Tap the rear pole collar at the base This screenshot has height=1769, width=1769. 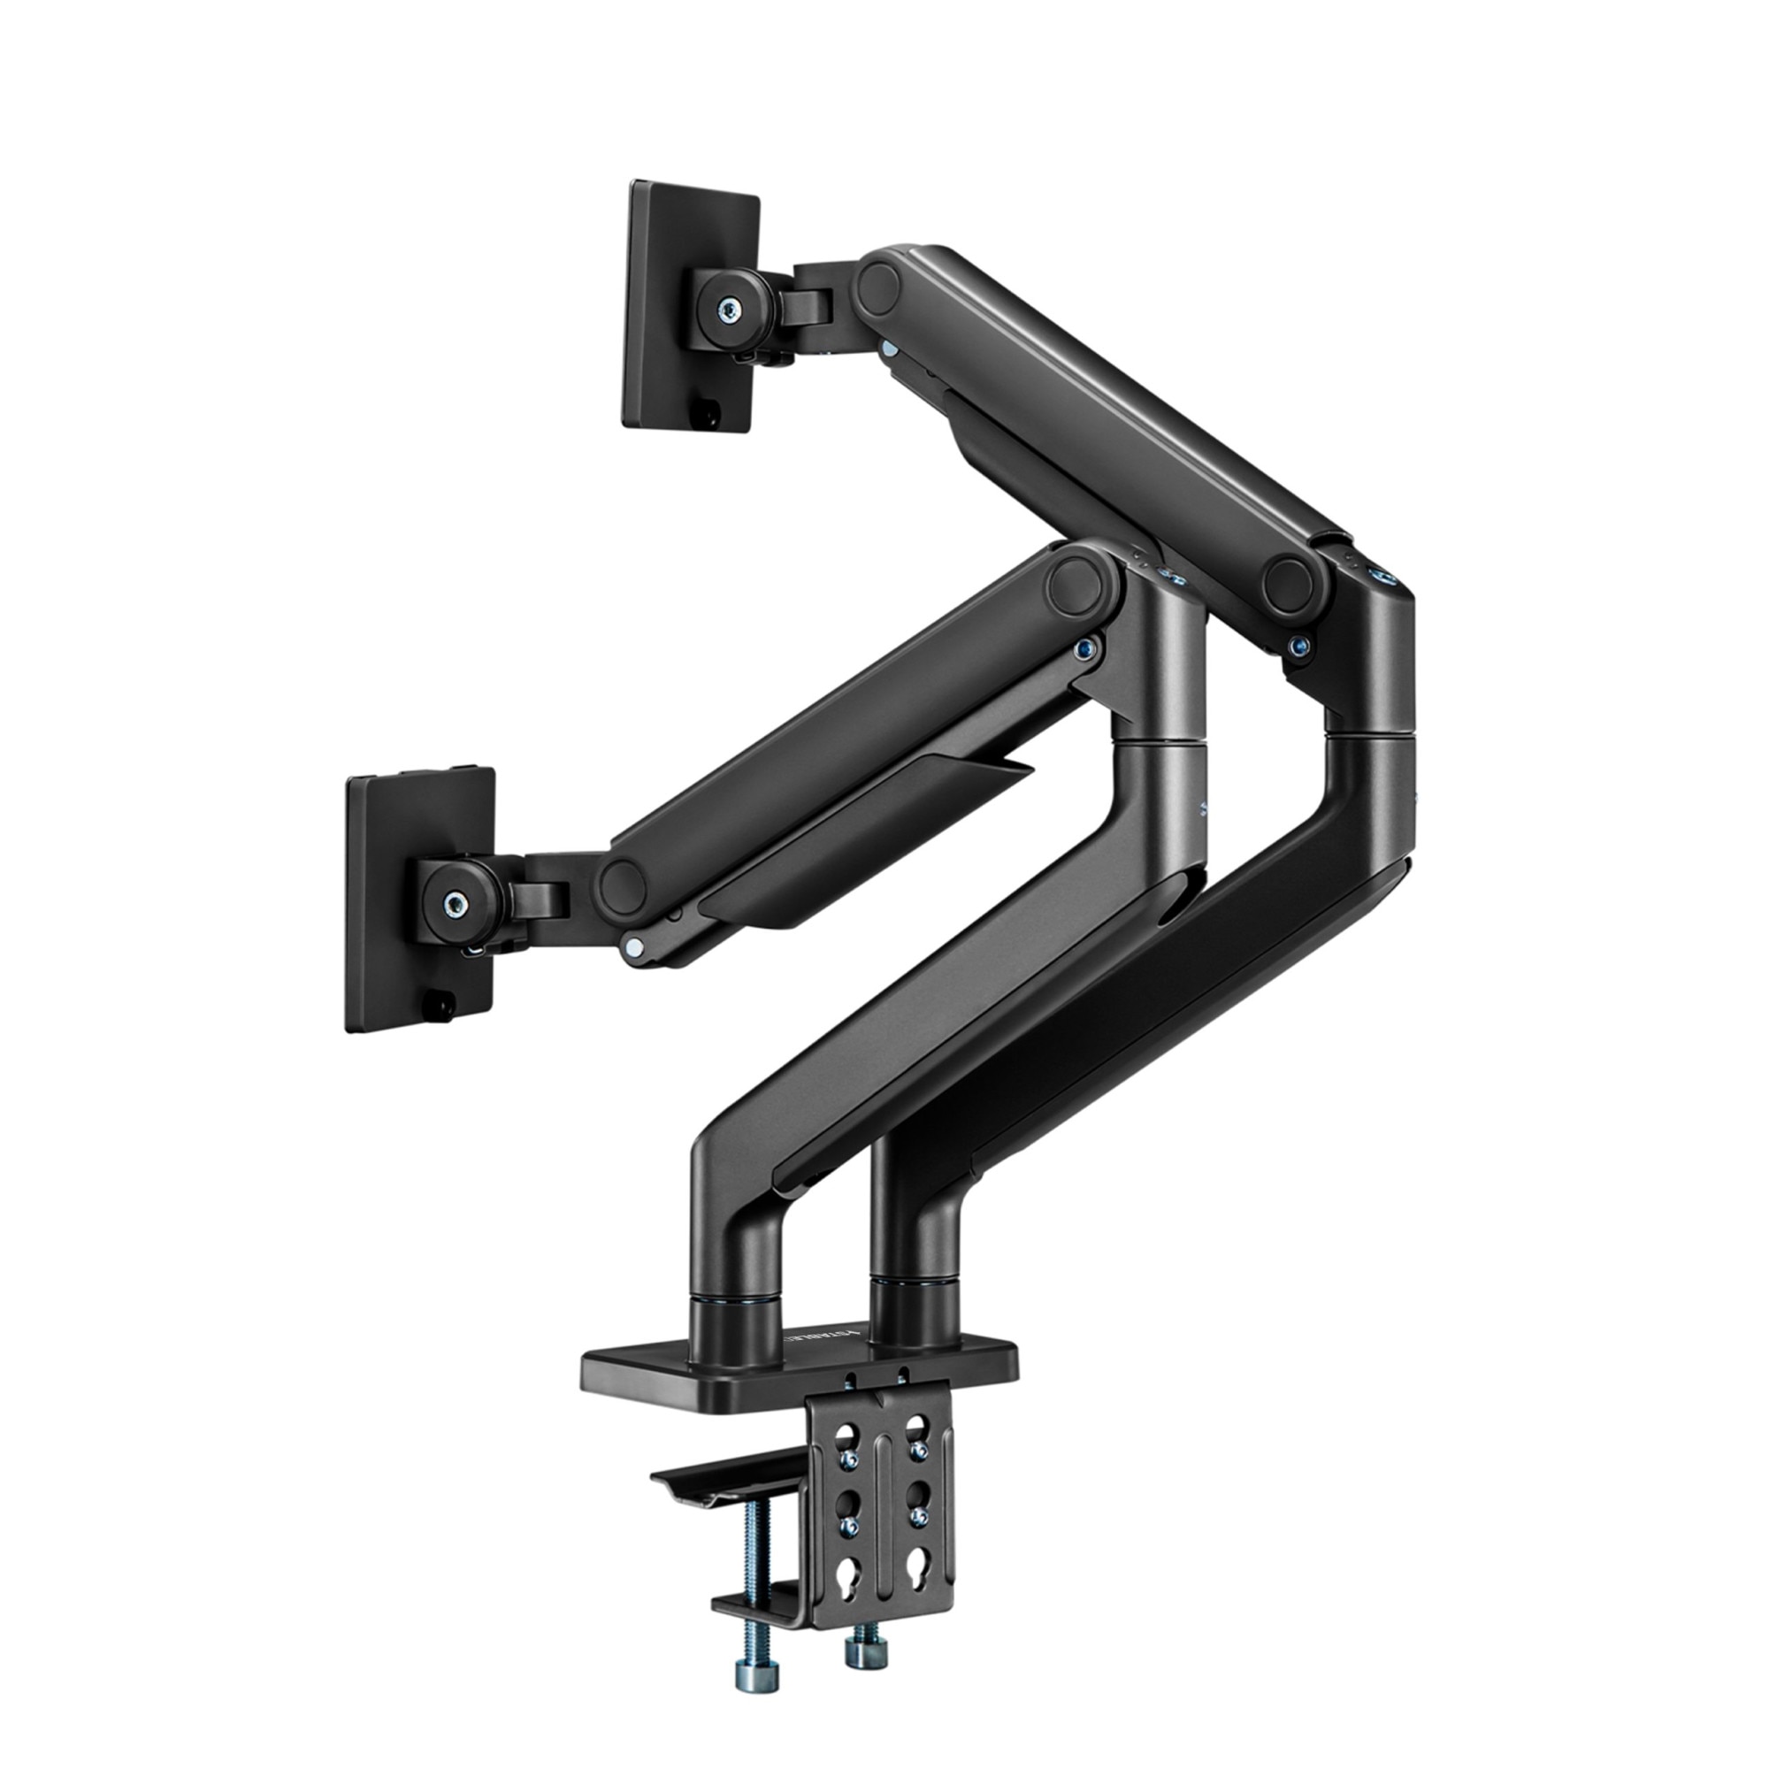pyautogui.click(x=915, y=1300)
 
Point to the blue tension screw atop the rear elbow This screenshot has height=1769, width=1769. pyautogui.click(x=1380, y=578)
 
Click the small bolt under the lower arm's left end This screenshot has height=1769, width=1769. pyautogui.click(x=631, y=948)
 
